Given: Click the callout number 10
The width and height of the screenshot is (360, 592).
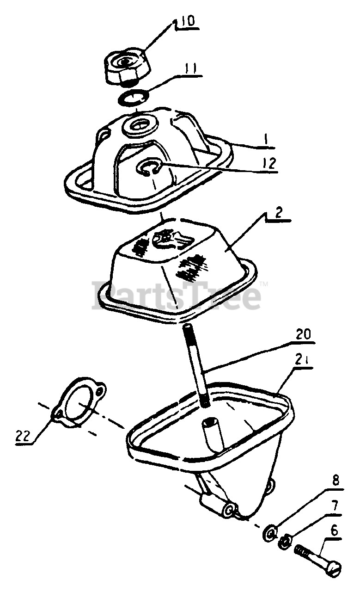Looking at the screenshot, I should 188,22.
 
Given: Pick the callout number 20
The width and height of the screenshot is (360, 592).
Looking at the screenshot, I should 304,334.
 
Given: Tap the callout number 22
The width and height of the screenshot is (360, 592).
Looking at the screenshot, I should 23,435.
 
